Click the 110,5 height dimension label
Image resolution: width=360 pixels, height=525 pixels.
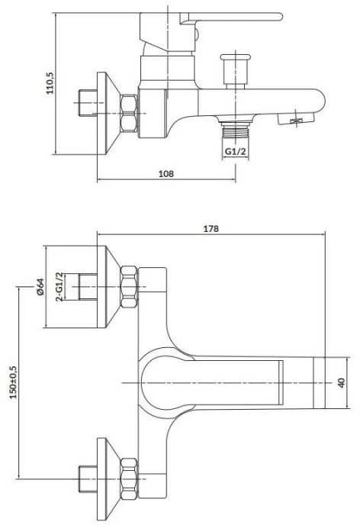[x=50, y=83]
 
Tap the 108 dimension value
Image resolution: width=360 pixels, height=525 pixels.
[x=166, y=173]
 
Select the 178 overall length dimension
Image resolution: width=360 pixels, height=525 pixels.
[x=211, y=228]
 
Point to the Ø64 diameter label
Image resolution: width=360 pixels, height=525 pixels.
[x=40, y=287]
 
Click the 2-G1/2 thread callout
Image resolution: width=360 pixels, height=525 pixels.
[x=59, y=287]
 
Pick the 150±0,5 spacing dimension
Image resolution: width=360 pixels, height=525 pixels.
[x=14, y=382]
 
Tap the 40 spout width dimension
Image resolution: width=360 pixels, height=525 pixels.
[x=341, y=383]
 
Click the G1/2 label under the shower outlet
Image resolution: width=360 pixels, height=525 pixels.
[x=235, y=151]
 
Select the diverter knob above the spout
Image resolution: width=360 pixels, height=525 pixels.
[x=236, y=70]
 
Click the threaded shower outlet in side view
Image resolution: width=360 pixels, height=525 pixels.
[x=236, y=130]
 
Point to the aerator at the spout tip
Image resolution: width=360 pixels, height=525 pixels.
[x=296, y=119]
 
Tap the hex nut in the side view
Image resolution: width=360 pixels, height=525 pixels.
[x=129, y=114]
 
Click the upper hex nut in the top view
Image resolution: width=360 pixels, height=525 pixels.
[x=129, y=287]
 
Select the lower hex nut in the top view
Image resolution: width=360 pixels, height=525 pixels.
[x=129, y=479]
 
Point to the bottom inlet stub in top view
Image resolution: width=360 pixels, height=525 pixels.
[x=88, y=479]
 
